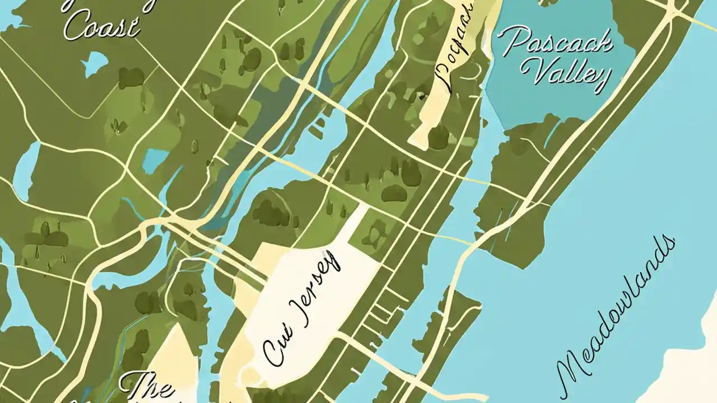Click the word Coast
(x=101, y=25)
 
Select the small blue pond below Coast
(x=95, y=63)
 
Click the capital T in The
(x=132, y=385)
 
